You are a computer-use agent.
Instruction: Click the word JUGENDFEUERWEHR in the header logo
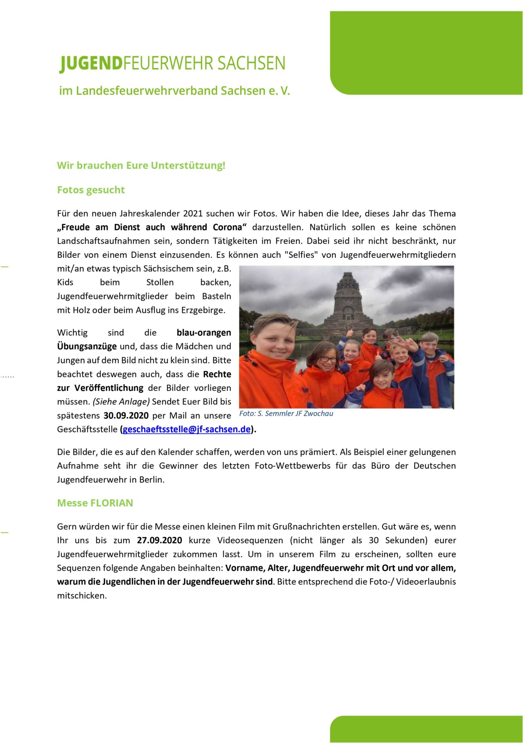pyautogui.click(x=172, y=63)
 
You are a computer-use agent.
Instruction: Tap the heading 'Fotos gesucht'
pyautogui.click(x=91, y=190)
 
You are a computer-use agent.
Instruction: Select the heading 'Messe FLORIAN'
pyautogui.click(x=95, y=503)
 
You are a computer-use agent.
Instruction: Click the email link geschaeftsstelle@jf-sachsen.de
pyautogui.click(x=186, y=429)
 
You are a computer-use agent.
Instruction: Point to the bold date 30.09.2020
pyautogui.click(x=126, y=416)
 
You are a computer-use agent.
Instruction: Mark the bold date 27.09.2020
pyautogui.click(x=159, y=540)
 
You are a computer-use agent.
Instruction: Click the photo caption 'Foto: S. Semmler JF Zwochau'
pyautogui.click(x=286, y=414)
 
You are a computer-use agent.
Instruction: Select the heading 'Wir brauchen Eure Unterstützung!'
pyautogui.click(x=141, y=165)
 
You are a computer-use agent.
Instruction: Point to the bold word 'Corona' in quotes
pyautogui.click(x=228, y=227)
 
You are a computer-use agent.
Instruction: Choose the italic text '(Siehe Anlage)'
pyautogui.click(x=121, y=402)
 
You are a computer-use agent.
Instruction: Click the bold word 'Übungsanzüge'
pyautogui.click(x=87, y=347)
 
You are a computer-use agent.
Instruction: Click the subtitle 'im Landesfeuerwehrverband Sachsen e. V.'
pyautogui.click(x=174, y=91)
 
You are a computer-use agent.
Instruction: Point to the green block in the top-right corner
pyautogui.click(x=426, y=52)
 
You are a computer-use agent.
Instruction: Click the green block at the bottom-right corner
pyautogui.click(x=426, y=729)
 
